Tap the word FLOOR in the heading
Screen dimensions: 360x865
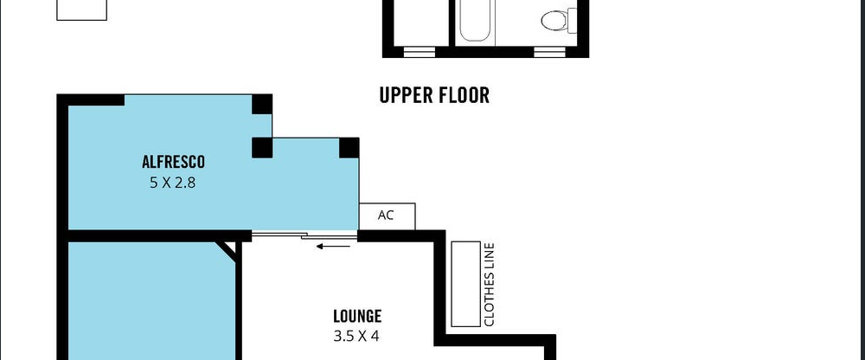click(462, 95)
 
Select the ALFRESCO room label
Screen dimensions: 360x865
click(173, 162)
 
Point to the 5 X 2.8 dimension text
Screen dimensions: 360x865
click(173, 183)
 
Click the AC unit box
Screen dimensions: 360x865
click(387, 215)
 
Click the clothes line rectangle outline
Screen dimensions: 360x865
click(465, 283)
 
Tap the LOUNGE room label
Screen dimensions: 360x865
click(357, 317)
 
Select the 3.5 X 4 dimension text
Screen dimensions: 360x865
click(356, 336)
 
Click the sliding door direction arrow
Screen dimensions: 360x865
click(333, 247)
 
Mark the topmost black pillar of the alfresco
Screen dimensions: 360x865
click(262, 105)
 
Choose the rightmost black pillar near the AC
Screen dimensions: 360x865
click(349, 148)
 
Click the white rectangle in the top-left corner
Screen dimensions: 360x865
click(81, 10)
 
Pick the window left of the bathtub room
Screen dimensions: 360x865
click(419, 51)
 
